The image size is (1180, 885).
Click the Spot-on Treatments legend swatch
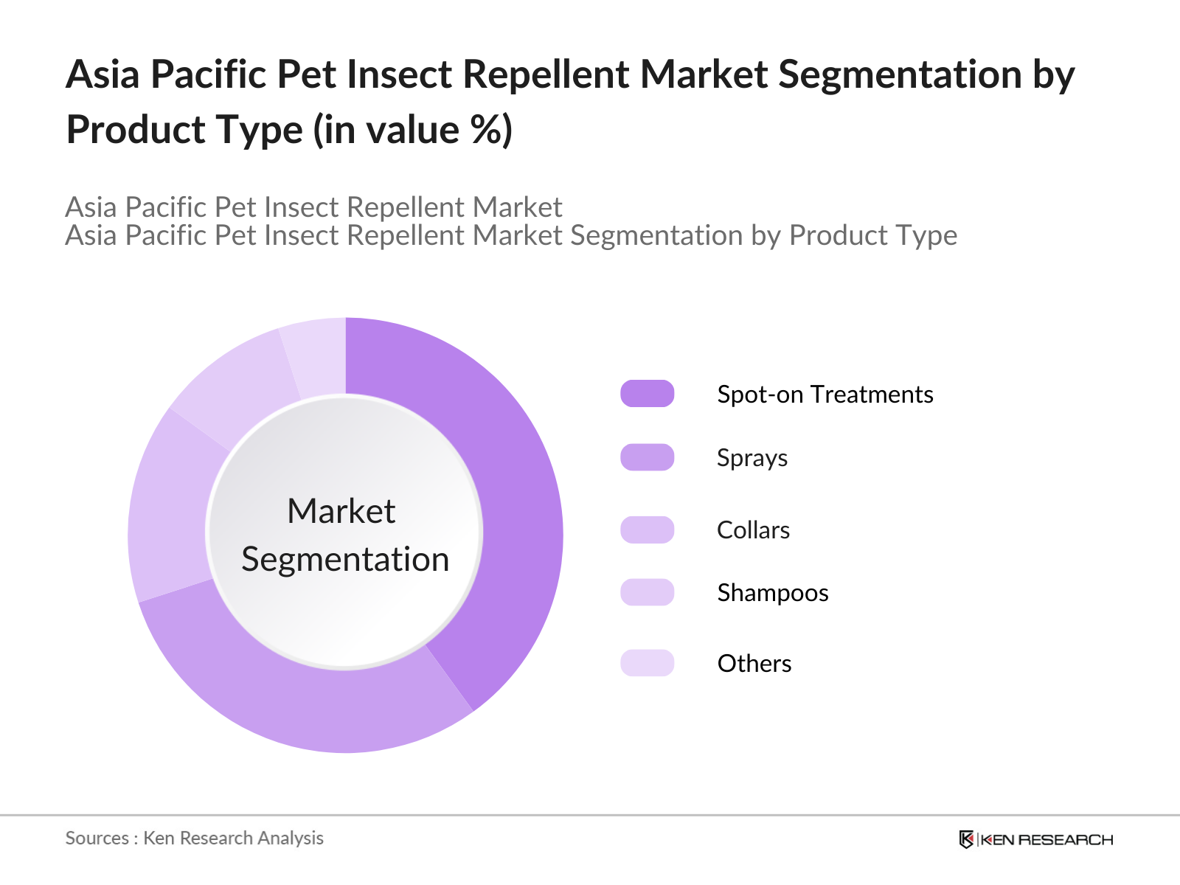pos(647,394)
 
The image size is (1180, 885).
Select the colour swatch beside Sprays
pos(647,457)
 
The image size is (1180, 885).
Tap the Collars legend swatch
pos(647,530)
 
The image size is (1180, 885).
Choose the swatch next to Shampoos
pos(647,592)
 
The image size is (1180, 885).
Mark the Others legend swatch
pos(647,663)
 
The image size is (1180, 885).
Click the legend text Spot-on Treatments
pos(825,395)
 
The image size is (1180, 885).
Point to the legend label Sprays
pos(752,458)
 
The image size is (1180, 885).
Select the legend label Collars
pos(753,530)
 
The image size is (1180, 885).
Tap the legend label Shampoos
pos(772,593)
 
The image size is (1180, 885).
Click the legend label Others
pos(754,664)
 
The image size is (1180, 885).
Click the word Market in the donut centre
pos(341,511)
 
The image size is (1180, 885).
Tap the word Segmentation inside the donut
pos(345,559)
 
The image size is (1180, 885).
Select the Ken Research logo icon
pos(966,839)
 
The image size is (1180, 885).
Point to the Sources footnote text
pos(194,838)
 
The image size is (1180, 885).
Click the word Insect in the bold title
pos(399,74)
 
